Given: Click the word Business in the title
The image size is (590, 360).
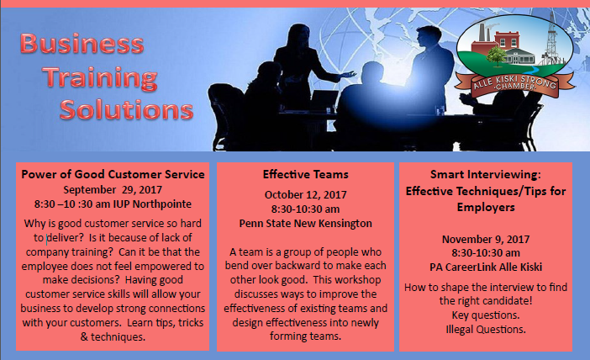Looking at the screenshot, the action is coord(82,43).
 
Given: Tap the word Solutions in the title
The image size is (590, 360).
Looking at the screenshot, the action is coord(126,109).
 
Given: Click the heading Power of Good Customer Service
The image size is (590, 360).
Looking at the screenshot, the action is coord(113,174).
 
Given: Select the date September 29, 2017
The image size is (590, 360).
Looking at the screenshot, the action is coord(113,189).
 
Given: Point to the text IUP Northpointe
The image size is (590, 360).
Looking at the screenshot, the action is coord(152,204).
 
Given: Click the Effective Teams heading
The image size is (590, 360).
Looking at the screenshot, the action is coord(306,174).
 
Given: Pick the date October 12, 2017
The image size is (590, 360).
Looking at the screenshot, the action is coord(306,194).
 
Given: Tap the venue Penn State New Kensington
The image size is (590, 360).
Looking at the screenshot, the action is coord(306,223).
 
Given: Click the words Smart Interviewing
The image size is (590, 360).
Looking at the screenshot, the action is coord(486,174).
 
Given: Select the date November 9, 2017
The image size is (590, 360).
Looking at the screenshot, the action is coord(486,239).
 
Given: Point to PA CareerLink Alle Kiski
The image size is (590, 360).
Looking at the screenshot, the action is coord(486,267).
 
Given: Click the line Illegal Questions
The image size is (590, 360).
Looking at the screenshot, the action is coord(486,330).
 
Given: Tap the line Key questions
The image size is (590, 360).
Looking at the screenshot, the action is coord(486,315).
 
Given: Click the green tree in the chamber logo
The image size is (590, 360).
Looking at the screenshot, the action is coord(497,56).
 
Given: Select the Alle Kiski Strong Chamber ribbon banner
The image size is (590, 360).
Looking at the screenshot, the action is coord(514,85).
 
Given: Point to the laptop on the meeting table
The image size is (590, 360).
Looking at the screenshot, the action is coord(324,101).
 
